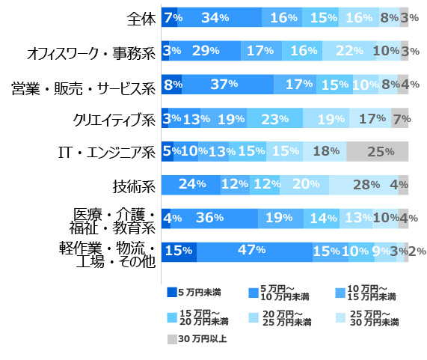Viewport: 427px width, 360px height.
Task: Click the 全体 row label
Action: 141,18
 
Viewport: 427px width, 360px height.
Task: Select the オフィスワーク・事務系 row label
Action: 90,52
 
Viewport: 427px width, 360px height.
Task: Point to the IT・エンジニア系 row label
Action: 107,152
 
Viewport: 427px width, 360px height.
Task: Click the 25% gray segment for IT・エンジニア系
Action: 377,152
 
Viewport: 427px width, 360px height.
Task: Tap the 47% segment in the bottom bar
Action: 255,251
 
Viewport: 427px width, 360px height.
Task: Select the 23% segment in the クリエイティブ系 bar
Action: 274,118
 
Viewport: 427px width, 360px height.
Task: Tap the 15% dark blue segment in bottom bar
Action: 179,251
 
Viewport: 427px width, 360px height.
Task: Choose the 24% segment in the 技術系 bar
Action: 191,185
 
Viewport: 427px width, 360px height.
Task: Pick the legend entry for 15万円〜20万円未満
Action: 198,316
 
